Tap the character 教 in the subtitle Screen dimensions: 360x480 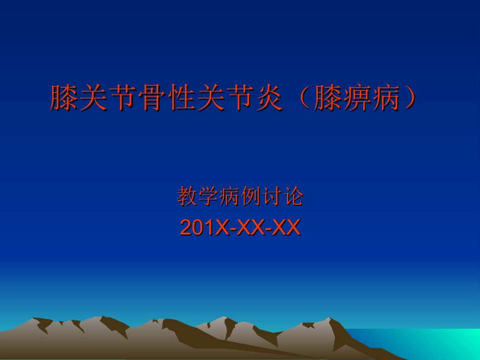(187, 196)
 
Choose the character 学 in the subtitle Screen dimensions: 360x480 (208, 196)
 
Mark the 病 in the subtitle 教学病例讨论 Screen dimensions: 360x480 (229, 196)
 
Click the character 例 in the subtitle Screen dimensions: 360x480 (251, 196)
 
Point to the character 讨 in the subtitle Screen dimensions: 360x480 (272, 196)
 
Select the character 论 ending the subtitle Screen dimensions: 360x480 (293, 196)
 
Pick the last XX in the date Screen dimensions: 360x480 (286, 228)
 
